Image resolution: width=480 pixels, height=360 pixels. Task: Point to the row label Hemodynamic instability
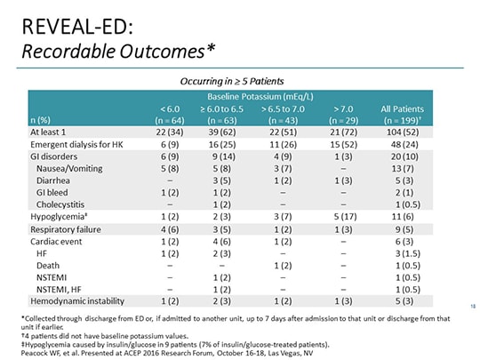point(74,300)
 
